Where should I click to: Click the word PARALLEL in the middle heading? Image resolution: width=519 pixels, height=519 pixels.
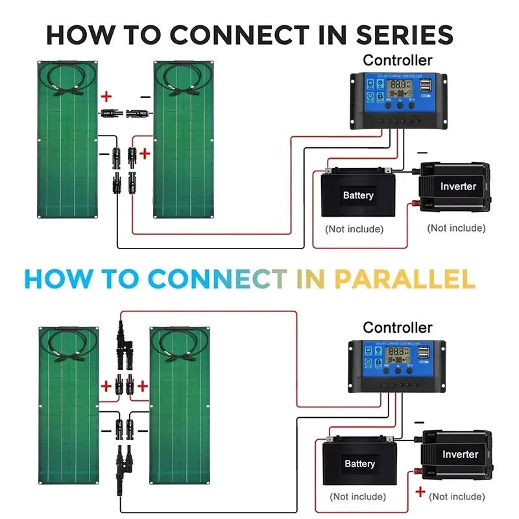point(404,279)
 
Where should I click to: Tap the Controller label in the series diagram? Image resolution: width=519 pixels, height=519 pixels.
point(397,60)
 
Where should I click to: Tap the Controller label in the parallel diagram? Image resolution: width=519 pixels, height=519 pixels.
point(397,328)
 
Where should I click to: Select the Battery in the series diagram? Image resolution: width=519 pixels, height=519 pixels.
point(357,195)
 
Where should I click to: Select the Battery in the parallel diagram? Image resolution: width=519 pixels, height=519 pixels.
point(359,463)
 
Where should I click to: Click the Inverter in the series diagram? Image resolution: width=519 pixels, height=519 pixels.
point(457,186)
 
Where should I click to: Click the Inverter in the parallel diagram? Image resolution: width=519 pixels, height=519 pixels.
point(459,453)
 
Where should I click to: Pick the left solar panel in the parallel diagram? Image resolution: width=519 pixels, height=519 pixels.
point(69,405)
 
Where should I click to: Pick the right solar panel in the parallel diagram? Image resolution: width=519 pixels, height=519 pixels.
point(181,405)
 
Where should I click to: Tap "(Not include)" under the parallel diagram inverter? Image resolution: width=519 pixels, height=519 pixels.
point(457,496)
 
